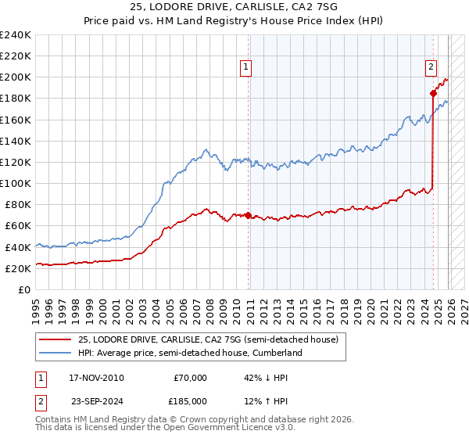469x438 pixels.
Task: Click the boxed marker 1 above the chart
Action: pos(246,68)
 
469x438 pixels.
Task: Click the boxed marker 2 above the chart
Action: pos(431,68)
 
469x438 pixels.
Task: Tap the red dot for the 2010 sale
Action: pos(249,215)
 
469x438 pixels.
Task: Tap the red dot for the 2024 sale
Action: pos(433,93)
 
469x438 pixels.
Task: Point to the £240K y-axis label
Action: pos(16,35)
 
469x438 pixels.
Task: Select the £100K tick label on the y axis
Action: pos(16,183)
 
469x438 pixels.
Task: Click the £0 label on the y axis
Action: pos(24,289)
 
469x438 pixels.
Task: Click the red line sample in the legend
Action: pos(57,339)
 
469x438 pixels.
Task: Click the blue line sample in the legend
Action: pos(57,354)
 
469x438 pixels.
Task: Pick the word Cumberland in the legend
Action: pos(277,354)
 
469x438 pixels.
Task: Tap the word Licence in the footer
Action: pos(217,429)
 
